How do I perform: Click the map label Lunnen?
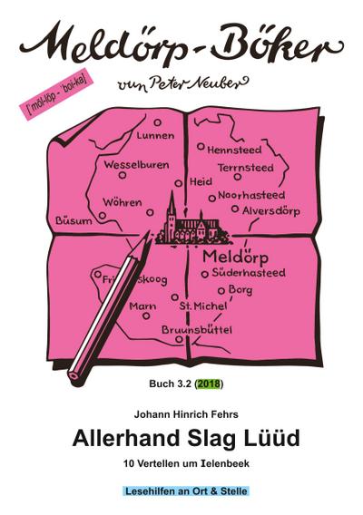[x=155, y=136]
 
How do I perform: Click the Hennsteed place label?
[x=234, y=149]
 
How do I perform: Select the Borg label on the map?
[x=240, y=289]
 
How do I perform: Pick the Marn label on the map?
[x=142, y=306]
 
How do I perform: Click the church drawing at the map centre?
[x=189, y=223]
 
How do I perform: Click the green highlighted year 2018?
[x=210, y=384]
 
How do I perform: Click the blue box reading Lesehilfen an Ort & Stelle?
[x=185, y=491]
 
